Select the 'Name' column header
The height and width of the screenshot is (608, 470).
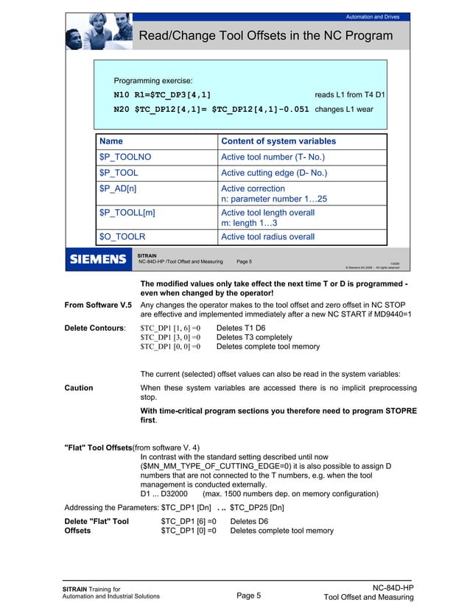111,141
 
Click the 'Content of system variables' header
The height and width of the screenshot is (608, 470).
278,141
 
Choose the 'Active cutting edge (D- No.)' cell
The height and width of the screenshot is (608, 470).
273,173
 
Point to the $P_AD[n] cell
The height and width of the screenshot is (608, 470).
118,189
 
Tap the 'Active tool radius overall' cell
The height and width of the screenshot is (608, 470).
267,236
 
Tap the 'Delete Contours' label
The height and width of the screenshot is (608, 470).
95,325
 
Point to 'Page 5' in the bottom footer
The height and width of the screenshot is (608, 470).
249,596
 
